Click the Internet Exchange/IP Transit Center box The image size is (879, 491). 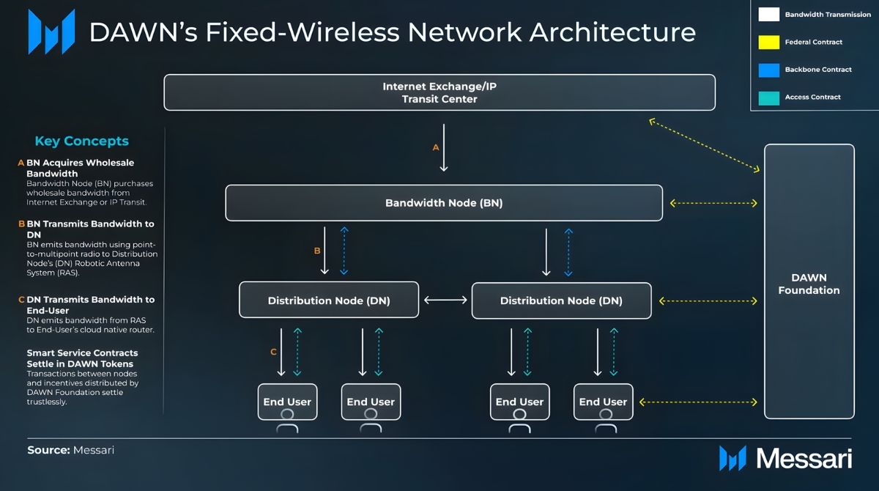pyautogui.click(x=439, y=92)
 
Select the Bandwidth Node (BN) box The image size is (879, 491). pyautogui.click(x=443, y=203)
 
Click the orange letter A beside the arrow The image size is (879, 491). pyautogui.click(x=436, y=147)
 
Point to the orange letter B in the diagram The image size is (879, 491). pyautogui.click(x=317, y=251)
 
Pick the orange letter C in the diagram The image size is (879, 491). pyautogui.click(x=273, y=352)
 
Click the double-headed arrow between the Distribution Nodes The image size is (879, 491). pyautogui.click(x=445, y=300)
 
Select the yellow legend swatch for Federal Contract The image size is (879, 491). pyautogui.click(x=768, y=42)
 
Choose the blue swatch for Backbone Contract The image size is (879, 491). pyautogui.click(x=768, y=70)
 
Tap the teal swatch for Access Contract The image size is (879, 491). pyautogui.click(x=768, y=97)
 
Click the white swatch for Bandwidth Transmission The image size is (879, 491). pyautogui.click(x=768, y=15)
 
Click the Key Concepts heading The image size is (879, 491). pyautogui.click(x=81, y=141)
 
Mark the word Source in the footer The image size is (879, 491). pyautogui.click(x=48, y=450)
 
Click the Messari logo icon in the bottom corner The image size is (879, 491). pyautogui.click(x=732, y=458)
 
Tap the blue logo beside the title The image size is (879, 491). pyautogui.click(x=51, y=32)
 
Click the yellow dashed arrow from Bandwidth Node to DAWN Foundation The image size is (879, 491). pyautogui.click(x=713, y=203)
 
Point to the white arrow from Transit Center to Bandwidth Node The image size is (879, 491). pyautogui.click(x=444, y=147)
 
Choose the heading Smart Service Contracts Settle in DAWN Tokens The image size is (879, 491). pyautogui.click(x=82, y=358)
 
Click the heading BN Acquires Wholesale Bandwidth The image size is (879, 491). pyautogui.click(x=81, y=168)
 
